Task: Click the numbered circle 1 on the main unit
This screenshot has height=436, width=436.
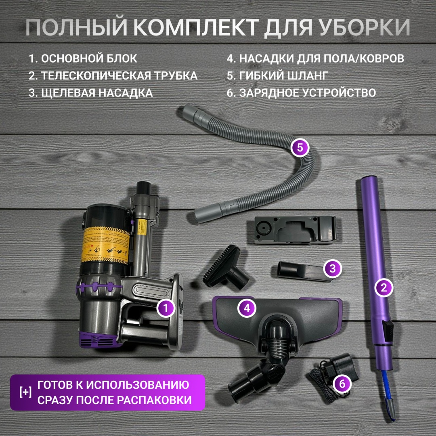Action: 166,308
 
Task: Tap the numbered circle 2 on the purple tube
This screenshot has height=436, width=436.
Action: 384,287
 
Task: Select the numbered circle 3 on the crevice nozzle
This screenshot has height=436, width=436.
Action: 333,268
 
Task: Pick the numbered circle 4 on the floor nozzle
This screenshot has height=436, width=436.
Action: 247,308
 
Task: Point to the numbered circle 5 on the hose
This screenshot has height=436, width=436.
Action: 300,147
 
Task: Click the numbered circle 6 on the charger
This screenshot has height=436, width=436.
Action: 342,384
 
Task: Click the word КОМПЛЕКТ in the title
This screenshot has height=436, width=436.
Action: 196,27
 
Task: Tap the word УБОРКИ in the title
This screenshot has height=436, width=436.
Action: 365,27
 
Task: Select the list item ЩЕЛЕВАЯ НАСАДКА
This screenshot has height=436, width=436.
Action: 91,93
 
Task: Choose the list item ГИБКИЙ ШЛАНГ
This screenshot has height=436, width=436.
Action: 277,75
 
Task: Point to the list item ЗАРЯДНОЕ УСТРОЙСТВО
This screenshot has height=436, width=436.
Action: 302,93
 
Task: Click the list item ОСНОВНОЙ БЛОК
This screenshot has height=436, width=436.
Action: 83,59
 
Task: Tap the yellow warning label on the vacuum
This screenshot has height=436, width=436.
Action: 106,245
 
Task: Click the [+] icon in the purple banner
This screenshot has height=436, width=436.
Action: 25,392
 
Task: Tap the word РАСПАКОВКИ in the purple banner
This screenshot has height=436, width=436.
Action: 154,400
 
